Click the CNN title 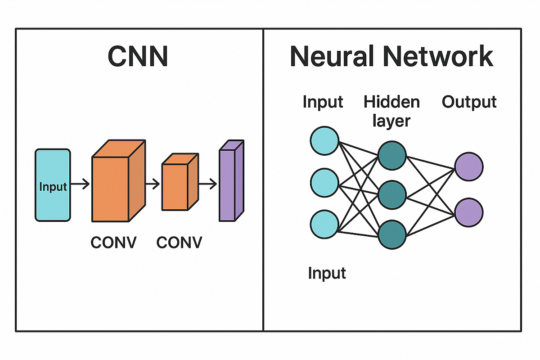point(138,57)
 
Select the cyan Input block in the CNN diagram point(53,185)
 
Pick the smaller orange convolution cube point(175,187)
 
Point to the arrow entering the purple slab point(208,184)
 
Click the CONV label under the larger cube point(113,243)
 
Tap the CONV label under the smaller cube point(179,243)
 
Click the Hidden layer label point(391,111)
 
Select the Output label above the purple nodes point(469,102)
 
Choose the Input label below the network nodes point(327,273)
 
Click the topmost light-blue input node point(324,140)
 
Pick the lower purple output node point(468,211)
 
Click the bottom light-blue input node point(324,224)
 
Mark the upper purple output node point(468,166)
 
